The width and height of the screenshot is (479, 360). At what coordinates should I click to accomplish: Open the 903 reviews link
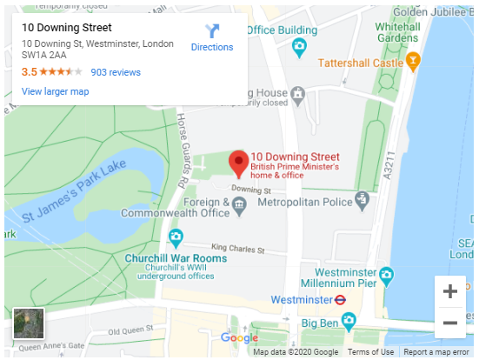tap(116, 72)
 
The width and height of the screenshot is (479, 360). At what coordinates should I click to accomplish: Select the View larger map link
tap(56, 91)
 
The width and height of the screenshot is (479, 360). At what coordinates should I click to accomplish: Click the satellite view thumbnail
tap(29, 323)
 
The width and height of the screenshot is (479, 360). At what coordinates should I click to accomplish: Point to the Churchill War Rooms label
tap(176, 258)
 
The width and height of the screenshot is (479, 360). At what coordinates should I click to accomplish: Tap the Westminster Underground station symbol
tap(342, 299)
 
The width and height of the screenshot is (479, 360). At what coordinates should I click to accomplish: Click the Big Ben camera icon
tap(349, 323)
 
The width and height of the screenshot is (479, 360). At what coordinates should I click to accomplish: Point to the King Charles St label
tap(238, 249)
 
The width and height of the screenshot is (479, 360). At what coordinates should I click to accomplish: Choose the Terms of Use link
tap(371, 352)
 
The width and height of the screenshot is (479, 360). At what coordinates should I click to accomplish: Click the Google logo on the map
tap(240, 337)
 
